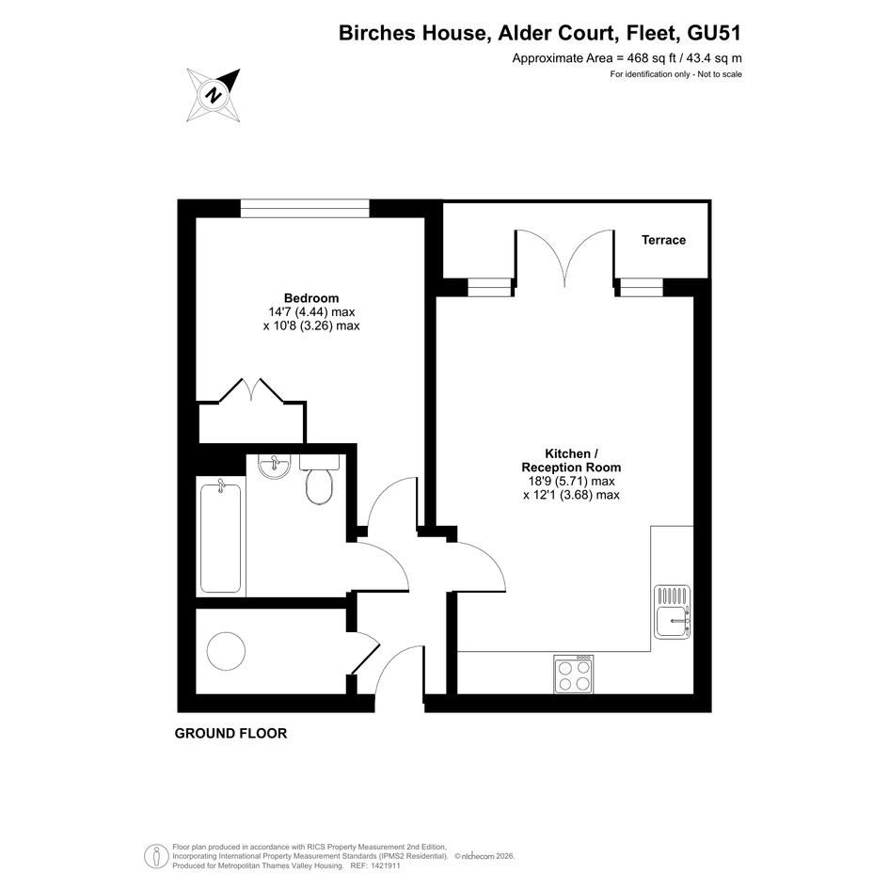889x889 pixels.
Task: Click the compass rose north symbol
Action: tap(214, 95)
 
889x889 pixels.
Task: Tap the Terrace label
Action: tap(663, 240)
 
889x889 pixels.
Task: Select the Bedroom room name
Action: tap(311, 298)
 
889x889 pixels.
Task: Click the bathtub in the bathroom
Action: tap(220, 536)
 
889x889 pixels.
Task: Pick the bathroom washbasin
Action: tap(275, 465)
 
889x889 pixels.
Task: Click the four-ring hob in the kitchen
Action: tap(574, 675)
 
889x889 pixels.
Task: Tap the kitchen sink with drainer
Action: tap(673, 611)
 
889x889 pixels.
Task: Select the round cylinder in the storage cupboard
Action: tap(226, 651)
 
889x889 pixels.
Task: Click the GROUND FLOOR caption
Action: tap(230, 733)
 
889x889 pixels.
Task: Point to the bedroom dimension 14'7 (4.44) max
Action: tap(311, 311)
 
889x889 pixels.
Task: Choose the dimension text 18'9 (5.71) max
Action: tap(572, 482)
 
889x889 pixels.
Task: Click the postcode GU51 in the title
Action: tap(714, 33)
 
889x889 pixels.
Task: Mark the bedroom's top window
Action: tap(305, 208)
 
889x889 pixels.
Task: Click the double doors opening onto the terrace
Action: tap(564, 258)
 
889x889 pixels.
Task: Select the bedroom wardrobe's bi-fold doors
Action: tap(251, 390)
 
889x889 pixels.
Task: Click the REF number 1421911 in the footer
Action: tap(385, 865)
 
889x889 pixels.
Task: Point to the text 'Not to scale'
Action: tap(720, 74)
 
